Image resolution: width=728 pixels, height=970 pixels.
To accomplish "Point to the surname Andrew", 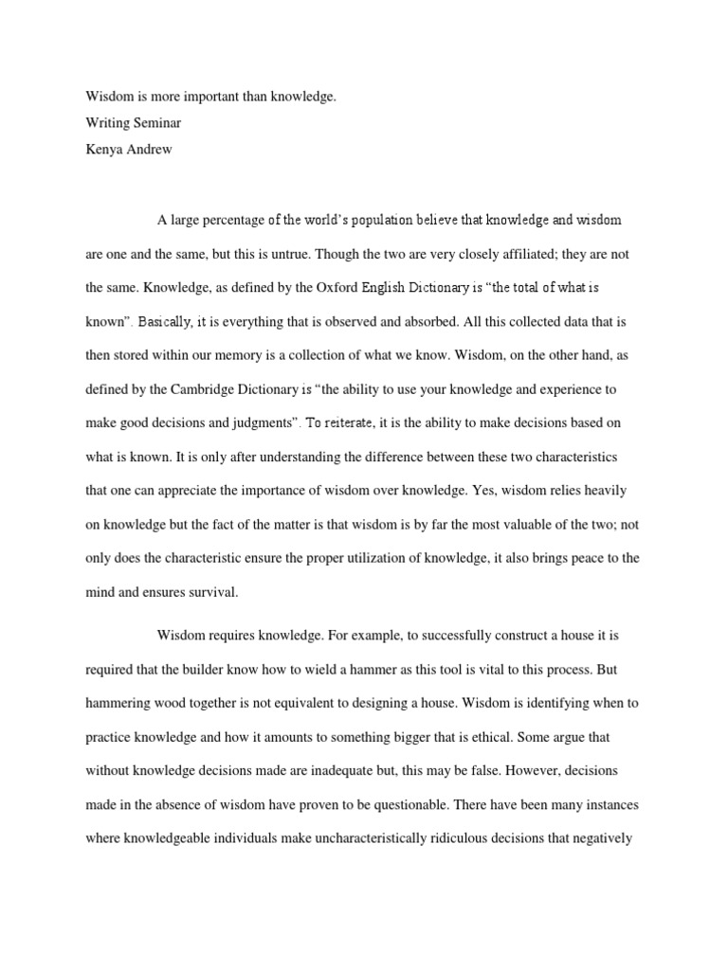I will click(147, 149).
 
